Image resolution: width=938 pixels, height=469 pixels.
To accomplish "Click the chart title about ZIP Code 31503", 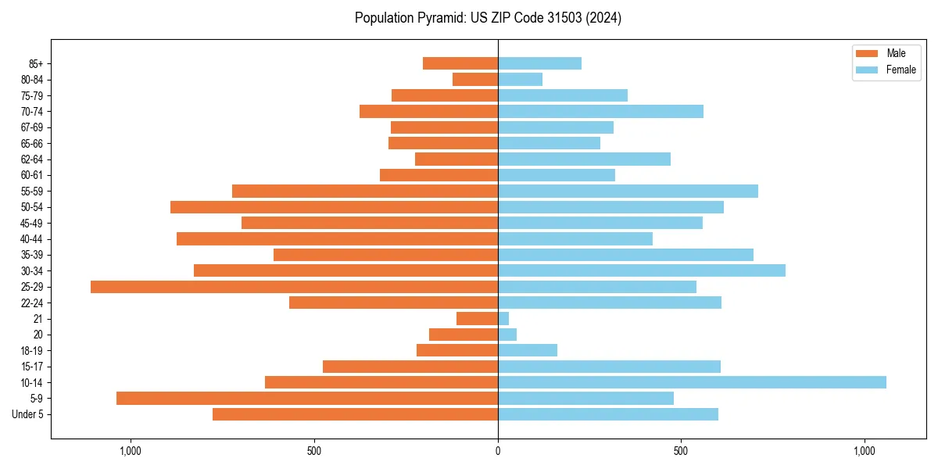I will pos(488,18).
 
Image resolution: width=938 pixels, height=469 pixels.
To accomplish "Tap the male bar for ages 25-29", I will pos(294,287).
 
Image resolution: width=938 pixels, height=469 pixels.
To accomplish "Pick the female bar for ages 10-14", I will pos(692,382).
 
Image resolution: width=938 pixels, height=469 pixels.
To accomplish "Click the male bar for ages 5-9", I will pos(307,399).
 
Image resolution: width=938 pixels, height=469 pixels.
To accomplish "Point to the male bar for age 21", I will pos(478,319).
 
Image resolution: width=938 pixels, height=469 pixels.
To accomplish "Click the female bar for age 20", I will pos(507,335).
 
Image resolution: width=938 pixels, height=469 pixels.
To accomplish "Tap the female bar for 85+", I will pos(539,63).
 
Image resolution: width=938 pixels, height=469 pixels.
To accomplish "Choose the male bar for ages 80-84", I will pos(475,79).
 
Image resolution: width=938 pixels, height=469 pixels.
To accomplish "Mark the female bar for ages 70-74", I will pos(600,111).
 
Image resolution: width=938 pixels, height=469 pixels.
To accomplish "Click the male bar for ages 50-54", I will pos(334,207).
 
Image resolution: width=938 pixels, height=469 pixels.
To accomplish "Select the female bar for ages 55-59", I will pos(628,191).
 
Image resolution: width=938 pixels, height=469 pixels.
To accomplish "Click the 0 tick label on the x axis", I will pos(498,451).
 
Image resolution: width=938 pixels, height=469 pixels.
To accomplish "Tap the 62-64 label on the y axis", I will pos(32,159).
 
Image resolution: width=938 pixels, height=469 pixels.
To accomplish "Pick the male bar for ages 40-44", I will pos(337,238).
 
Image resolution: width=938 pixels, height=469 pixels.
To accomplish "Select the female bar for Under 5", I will pos(608,414).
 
